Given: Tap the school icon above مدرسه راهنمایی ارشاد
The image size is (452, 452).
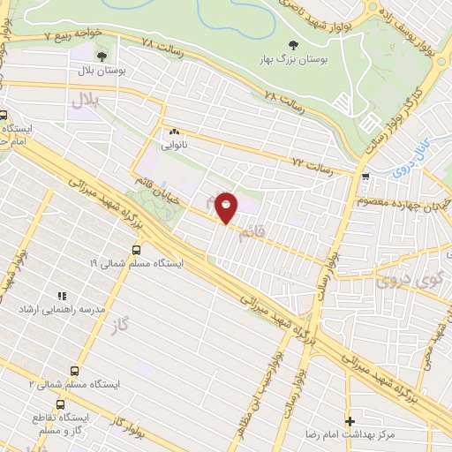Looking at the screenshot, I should [61, 297].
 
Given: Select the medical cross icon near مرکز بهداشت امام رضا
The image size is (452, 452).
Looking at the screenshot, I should [350, 421].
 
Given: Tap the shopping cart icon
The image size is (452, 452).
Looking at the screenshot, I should [365, 175].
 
